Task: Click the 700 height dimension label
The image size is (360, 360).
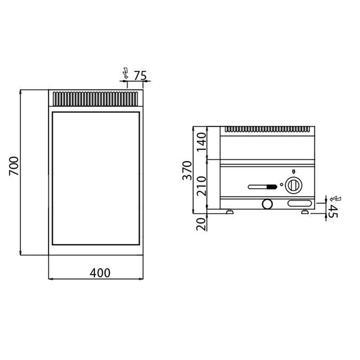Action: tap(14, 166)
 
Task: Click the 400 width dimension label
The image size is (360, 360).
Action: tap(100, 273)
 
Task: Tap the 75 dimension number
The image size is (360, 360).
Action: tap(140, 75)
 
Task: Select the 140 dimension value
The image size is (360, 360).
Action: tap(202, 141)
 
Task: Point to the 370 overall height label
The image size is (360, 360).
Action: tap(187, 170)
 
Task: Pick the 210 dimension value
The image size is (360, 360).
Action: tap(202, 186)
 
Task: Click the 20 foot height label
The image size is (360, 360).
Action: tap(201, 224)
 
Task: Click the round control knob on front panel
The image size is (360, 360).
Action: tap(293, 185)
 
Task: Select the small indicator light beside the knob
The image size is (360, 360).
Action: tap(282, 184)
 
